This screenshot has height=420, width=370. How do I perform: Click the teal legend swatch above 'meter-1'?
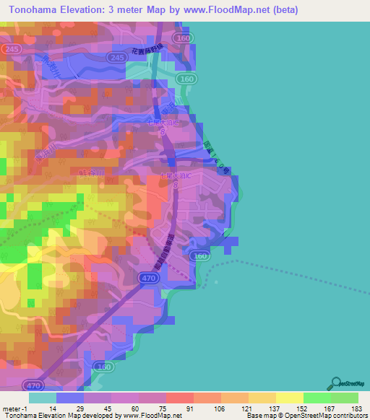pos(43,398)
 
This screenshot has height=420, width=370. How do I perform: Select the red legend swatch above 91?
pos(179,398)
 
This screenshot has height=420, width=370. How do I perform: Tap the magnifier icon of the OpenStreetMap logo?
pos(335,382)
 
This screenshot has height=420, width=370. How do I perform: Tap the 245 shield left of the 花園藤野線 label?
pos(116,56)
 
